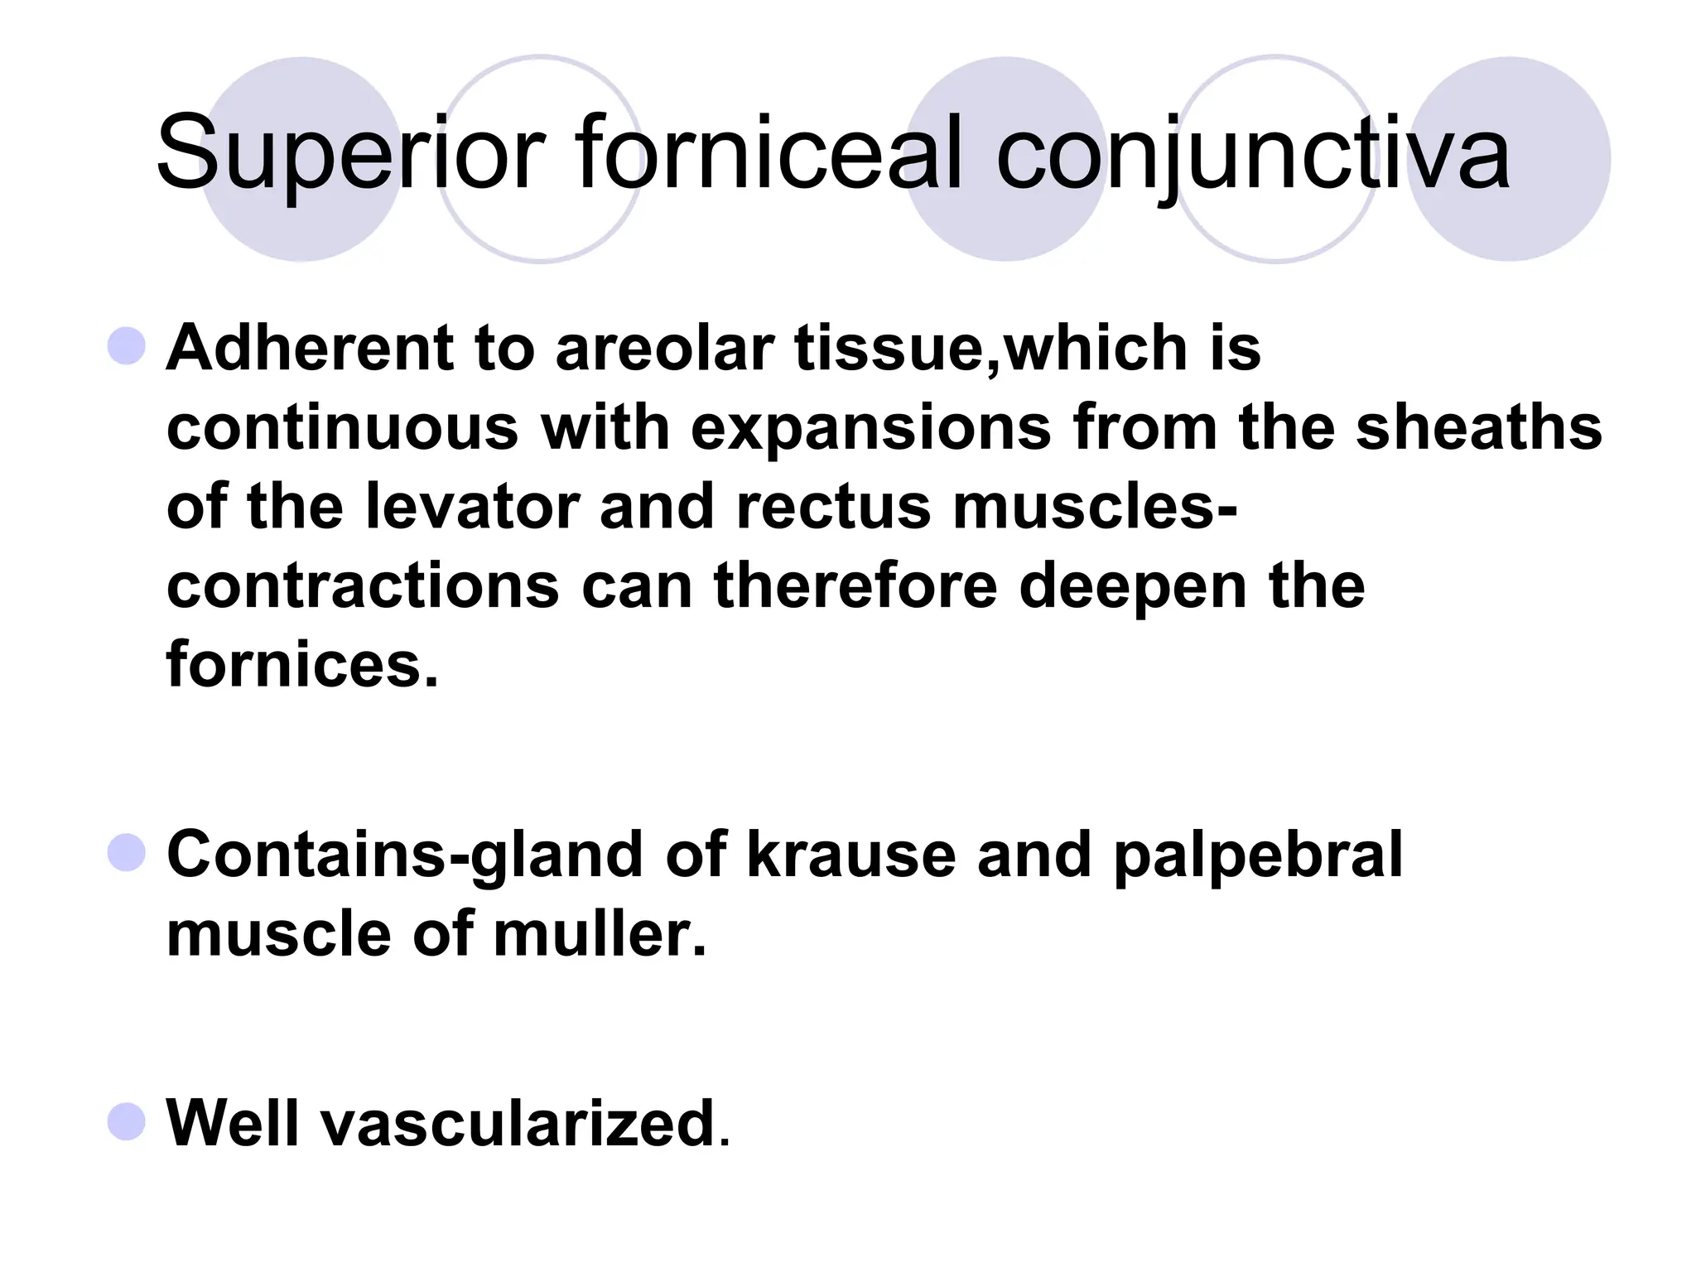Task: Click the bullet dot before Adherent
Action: pos(127,345)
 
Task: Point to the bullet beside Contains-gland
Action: pos(127,852)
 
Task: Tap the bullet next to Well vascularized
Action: pos(127,1121)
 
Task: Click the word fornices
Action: pos(301,664)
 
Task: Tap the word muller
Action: pos(600,934)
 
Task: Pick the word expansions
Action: pos(870,429)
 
